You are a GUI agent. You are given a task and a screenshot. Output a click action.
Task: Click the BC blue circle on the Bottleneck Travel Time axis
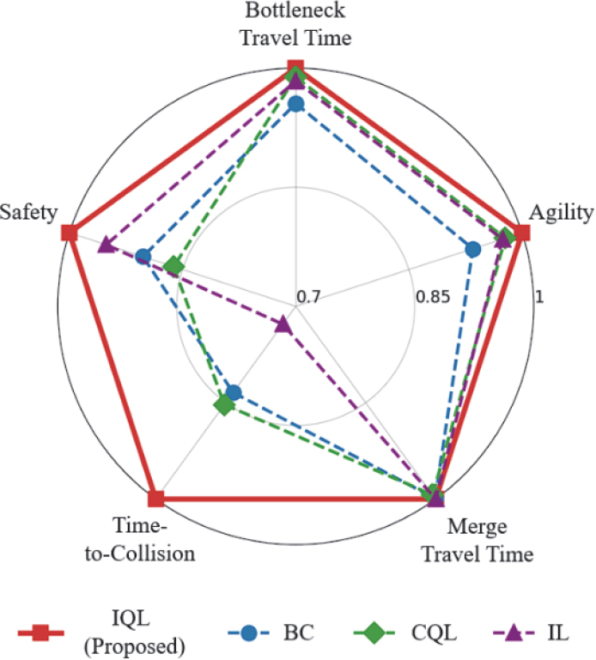296,105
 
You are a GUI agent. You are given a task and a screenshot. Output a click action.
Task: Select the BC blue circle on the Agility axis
471,250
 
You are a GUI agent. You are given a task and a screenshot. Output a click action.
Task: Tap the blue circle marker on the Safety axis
143,256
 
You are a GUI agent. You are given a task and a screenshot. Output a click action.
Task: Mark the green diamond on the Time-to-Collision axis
223,404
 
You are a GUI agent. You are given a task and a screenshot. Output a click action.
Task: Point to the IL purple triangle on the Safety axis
105,245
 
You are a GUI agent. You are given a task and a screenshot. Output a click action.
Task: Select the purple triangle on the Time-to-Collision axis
283,324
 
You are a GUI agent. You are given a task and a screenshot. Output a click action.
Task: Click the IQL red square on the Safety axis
70,233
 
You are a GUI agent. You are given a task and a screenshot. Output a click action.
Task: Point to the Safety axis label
29,212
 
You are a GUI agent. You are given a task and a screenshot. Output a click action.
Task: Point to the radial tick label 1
538,297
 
